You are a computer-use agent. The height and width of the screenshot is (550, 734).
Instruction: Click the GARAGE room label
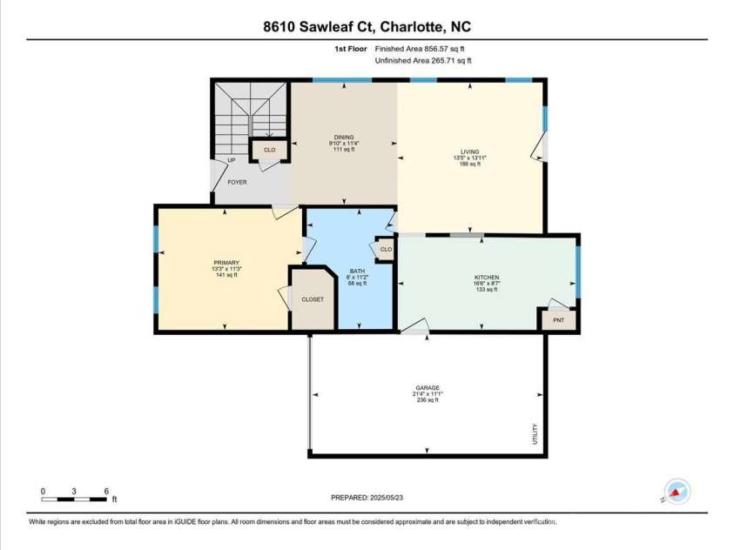point(428,388)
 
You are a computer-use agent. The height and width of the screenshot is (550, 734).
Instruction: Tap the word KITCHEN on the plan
point(487,278)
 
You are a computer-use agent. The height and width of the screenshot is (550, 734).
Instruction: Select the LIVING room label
point(469,151)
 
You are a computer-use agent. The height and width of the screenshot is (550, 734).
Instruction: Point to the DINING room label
point(344,137)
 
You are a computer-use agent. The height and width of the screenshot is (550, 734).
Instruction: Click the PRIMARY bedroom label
point(226,263)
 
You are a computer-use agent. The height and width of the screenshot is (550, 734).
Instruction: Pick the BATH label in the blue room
point(357,271)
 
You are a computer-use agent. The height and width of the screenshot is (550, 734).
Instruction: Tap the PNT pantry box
point(558,320)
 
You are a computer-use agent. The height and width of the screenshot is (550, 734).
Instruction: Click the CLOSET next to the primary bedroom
point(313,299)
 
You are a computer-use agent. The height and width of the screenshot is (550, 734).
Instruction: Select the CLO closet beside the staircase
point(270,150)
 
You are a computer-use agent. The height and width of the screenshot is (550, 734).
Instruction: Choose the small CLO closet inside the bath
point(386,249)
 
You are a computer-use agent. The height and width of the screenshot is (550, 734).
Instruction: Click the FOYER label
point(237,183)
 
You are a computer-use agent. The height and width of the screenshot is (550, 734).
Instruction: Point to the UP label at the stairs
point(232,160)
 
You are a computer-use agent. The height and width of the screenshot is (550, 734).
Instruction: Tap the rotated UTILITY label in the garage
point(535,434)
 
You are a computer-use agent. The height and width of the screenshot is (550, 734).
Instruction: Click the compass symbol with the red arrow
point(677,492)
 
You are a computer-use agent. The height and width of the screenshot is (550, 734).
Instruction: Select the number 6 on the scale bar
point(106,491)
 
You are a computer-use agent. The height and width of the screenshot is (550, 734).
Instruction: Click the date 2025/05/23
point(387,498)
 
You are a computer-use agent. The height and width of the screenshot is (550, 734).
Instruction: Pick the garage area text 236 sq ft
point(428,400)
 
